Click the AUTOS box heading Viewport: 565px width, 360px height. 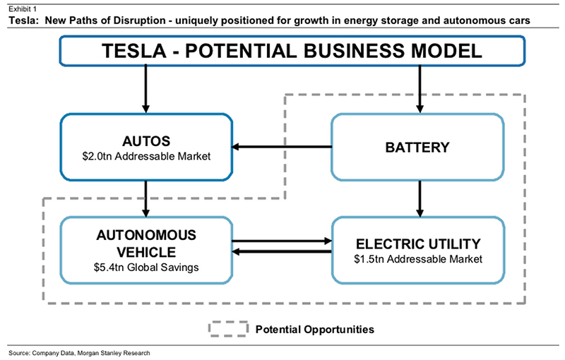coord(146,141)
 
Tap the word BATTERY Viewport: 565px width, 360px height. coord(417,148)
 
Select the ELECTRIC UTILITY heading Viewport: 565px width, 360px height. coord(418,244)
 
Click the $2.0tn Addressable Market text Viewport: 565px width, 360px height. coord(146,156)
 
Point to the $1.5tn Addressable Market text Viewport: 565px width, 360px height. coord(418,259)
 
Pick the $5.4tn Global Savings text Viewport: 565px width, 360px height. coord(146,268)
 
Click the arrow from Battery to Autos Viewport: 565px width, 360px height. coord(282,147)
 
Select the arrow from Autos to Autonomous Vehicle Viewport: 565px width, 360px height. coord(145,199)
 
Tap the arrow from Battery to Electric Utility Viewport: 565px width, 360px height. coord(420,199)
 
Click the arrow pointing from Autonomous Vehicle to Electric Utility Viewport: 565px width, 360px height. coord(282,241)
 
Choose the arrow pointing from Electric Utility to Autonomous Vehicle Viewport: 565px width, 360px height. coord(282,251)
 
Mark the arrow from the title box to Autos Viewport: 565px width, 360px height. coord(145,89)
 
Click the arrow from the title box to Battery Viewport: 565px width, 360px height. coord(420,89)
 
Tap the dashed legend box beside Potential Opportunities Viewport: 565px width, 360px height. coord(228,322)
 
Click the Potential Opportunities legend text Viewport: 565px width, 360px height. coord(315,330)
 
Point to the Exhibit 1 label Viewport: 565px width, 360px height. coord(23,8)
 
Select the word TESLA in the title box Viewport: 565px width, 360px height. coord(134,51)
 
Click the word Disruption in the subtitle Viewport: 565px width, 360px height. coord(139,20)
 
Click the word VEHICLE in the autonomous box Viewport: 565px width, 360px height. coord(146,252)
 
